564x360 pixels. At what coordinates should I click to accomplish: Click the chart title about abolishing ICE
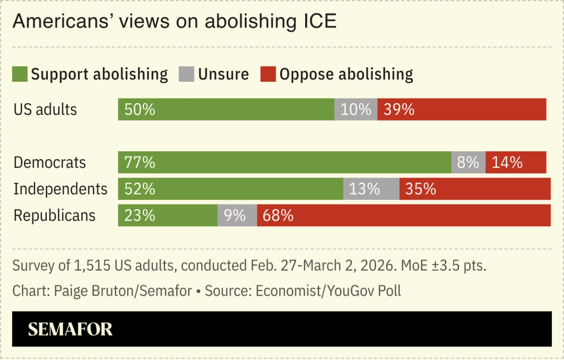point(174,22)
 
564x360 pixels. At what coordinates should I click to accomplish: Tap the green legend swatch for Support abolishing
point(20,74)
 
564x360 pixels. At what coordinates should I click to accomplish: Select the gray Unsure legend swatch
point(187,74)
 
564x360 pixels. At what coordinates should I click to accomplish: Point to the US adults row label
point(45,109)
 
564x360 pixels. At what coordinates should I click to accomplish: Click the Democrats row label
point(49,163)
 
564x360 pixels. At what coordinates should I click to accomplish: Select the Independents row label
point(60,189)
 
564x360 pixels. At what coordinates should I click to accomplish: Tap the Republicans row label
point(54,216)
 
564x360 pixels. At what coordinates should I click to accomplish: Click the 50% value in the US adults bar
point(140,109)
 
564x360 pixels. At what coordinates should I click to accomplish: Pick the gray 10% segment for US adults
point(356,109)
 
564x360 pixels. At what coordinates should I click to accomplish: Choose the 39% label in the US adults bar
point(399,109)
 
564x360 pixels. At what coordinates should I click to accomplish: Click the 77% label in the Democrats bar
point(140,163)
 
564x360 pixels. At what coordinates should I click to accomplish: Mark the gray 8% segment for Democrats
point(468,163)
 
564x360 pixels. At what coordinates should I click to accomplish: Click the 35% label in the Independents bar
point(421,189)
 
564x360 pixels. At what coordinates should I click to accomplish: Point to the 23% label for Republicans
point(140,216)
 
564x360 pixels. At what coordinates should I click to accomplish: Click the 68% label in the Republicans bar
point(278,216)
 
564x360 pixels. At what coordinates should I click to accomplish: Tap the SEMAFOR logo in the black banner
point(70,329)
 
